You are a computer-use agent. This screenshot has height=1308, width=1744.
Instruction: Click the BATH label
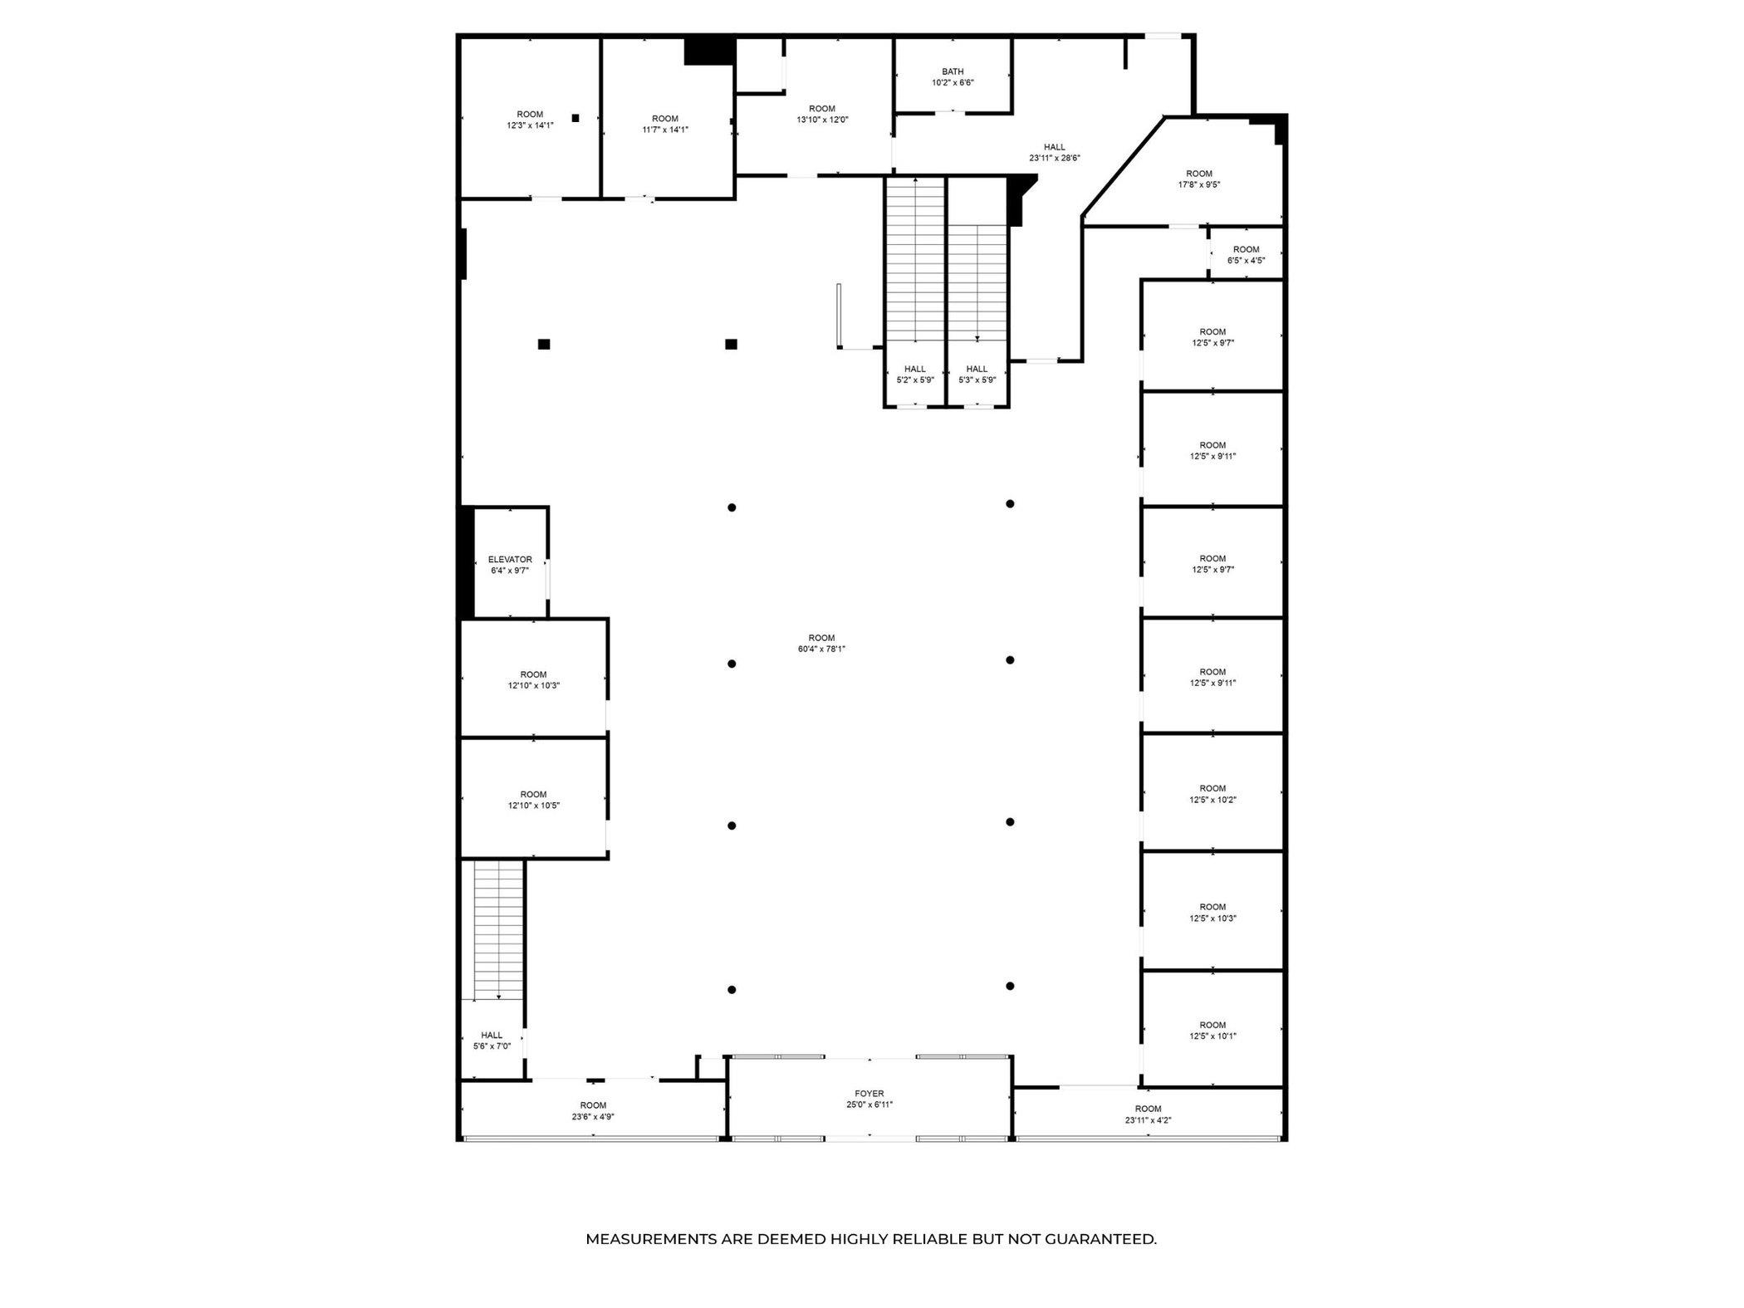coord(953,71)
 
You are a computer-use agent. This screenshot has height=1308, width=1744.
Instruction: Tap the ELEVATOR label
coord(510,560)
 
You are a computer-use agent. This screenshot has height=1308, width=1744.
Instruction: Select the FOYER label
coord(870,1094)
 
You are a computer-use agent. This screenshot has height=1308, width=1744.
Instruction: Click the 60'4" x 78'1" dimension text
coord(821,649)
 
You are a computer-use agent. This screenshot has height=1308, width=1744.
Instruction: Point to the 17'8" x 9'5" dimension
coord(1199,185)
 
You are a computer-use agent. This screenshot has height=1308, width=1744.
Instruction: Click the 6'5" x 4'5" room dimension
coord(1247,261)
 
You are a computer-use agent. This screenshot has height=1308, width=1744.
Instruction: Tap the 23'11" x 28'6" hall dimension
coord(1055,158)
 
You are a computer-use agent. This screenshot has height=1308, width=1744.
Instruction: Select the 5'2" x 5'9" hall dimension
coord(915,380)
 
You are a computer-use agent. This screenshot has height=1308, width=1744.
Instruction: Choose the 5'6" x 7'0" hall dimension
coord(492,1046)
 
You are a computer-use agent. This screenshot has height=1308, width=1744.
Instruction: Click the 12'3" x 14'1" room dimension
coord(530,125)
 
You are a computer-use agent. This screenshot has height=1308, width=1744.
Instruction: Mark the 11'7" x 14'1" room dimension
coord(665,130)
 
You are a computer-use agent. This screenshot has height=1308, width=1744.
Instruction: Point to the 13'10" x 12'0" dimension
coord(822,120)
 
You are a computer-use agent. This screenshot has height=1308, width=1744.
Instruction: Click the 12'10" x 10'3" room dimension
coord(534,686)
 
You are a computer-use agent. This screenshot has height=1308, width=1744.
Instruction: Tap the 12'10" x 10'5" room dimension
coord(534,806)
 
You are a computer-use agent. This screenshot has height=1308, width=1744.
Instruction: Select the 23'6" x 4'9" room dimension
coord(593,1117)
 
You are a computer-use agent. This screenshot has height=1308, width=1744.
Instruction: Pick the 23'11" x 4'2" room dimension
coord(1149,1120)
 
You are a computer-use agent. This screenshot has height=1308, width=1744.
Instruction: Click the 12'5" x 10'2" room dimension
coord(1213,800)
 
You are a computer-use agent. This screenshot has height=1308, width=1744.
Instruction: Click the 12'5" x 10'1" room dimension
coord(1213,1036)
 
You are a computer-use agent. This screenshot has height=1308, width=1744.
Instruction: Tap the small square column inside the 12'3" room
coord(575,118)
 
